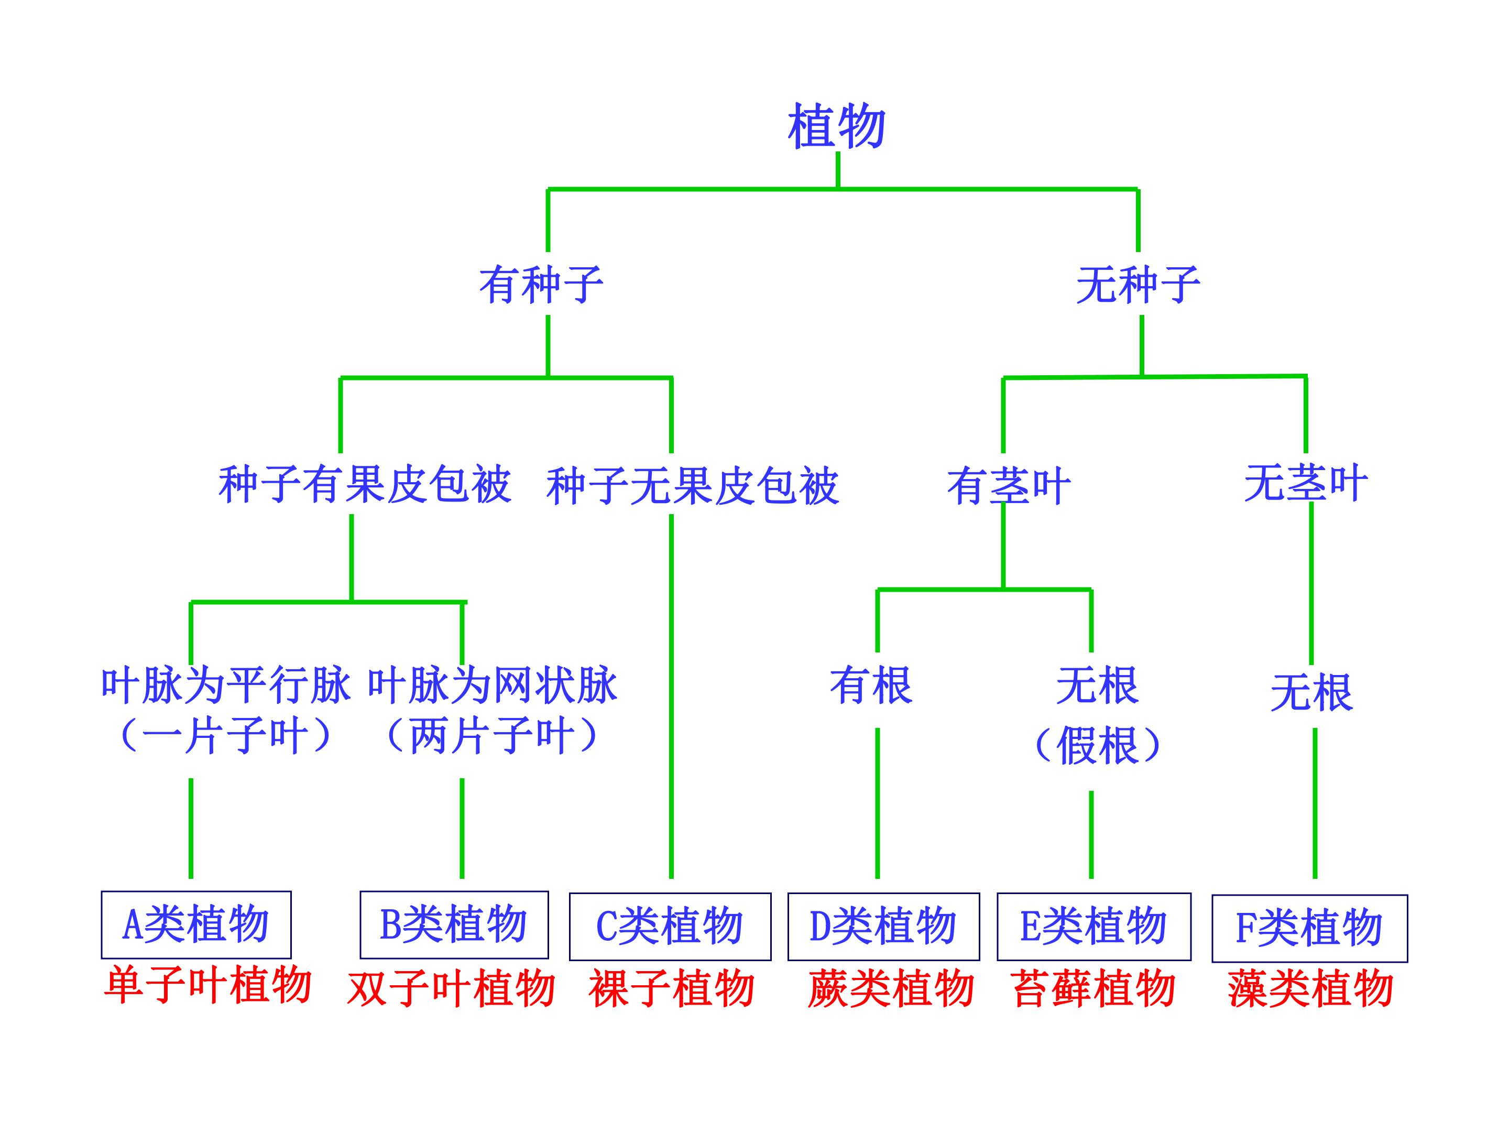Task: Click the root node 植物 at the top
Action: tap(837, 126)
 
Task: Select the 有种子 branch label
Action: tap(541, 285)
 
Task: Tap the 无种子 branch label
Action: tap(1138, 285)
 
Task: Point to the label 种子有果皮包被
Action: tap(365, 485)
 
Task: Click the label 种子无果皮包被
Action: tap(693, 486)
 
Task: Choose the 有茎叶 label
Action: tap(1009, 486)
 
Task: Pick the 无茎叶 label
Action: tap(1306, 483)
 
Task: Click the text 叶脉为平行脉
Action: tap(226, 685)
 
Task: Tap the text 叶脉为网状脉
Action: tap(493, 685)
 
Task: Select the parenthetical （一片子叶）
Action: tap(226, 736)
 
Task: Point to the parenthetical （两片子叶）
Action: tap(493, 736)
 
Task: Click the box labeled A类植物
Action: tap(196, 924)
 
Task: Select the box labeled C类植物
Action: tap(670, 927)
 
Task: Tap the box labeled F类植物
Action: tap(1310, 929)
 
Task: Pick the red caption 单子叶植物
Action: tap(208, 985)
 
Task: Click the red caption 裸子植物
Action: tap(672, 988)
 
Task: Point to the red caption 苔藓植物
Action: tap(1094, 988)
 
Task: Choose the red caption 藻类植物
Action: tap(1310, 988)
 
